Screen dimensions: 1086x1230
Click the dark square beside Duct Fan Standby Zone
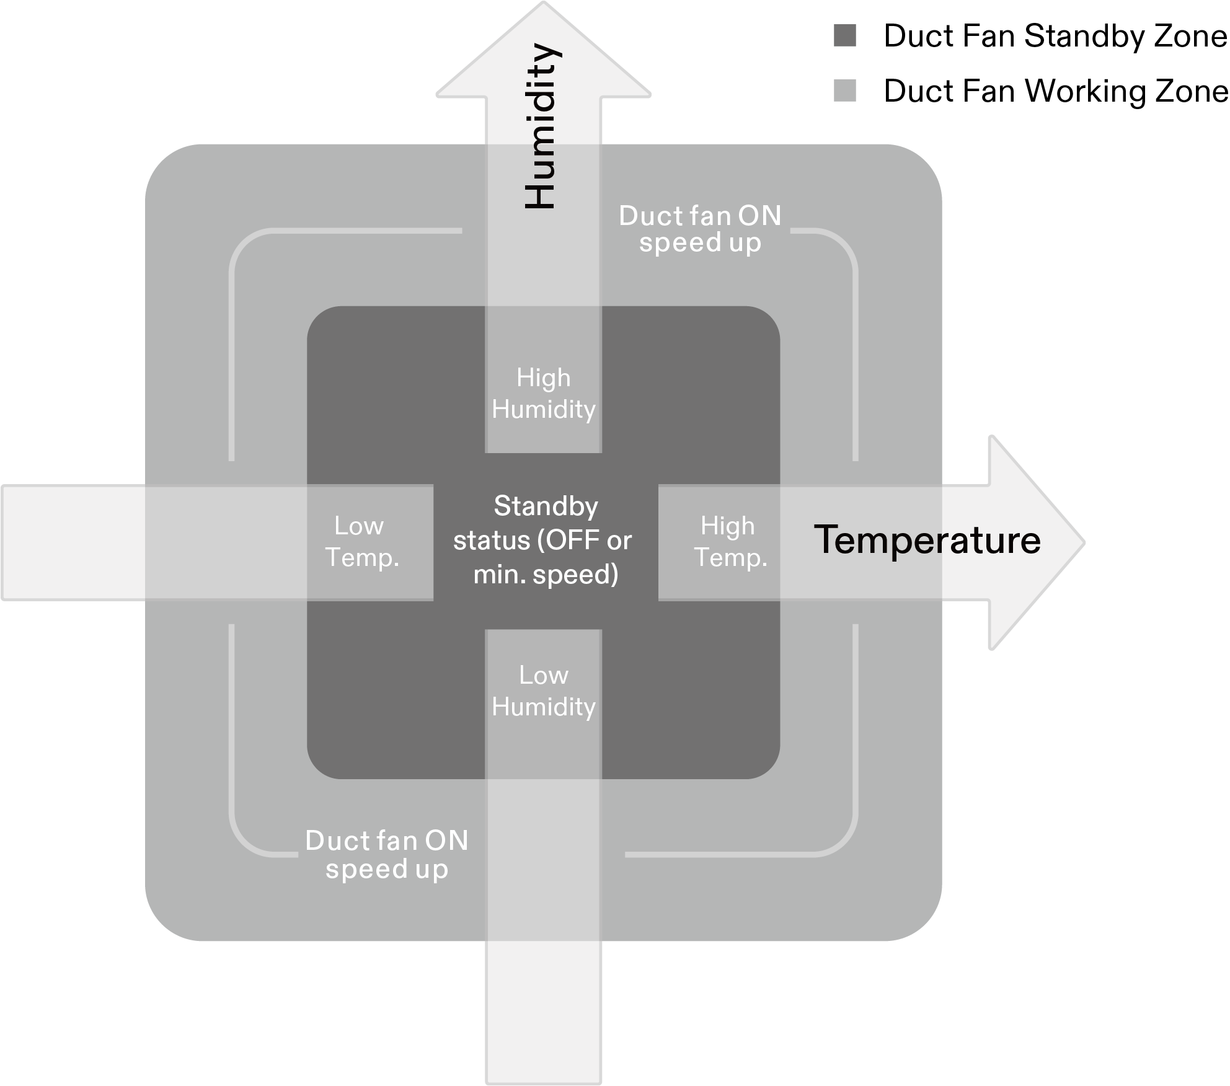(845, 36)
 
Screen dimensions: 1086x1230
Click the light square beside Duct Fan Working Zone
(845, 90)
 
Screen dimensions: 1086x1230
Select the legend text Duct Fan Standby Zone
(1055, 36)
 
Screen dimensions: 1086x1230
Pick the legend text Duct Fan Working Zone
(1055, 91)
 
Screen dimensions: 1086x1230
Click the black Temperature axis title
(927, 540)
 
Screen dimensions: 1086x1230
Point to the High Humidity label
(544, 394)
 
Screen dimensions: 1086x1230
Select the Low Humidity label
(544, 691)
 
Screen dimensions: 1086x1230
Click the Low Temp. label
(361, 542)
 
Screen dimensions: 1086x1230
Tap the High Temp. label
(730, 542)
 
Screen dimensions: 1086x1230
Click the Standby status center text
(544, 540)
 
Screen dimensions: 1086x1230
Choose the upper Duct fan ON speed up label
(700, 229)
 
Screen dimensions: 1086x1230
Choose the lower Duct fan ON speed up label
(387, 854)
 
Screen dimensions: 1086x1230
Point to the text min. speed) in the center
(546, 575)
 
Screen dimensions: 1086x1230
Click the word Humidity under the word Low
(544, 707)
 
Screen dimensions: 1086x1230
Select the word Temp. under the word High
(731, 557)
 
